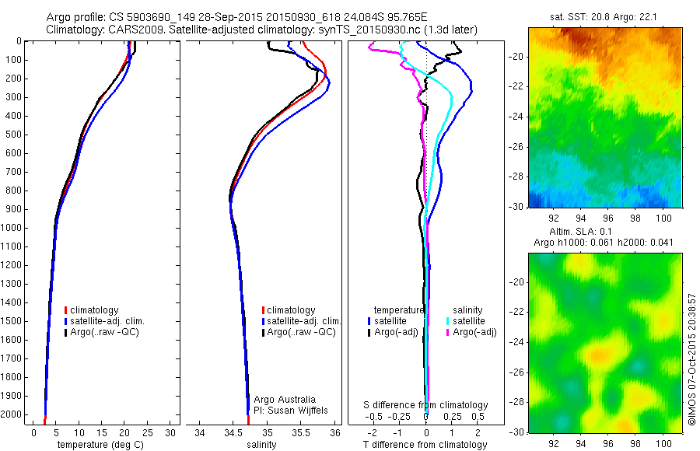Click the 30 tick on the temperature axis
170,432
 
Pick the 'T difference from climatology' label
426,445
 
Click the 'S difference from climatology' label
426,405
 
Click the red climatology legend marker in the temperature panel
65,310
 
